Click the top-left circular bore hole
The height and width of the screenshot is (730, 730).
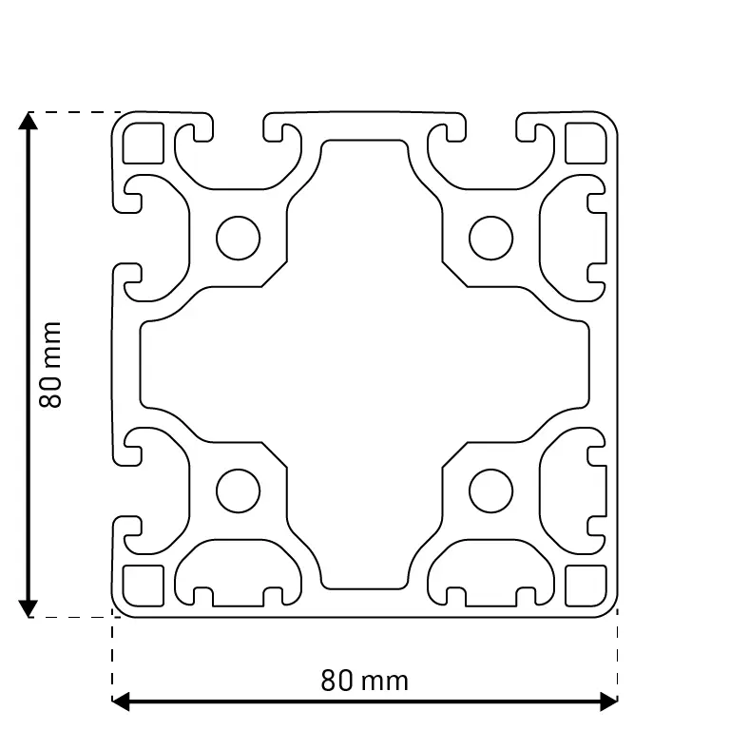click(238, 238)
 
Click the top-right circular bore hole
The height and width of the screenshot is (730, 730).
click(491, 238)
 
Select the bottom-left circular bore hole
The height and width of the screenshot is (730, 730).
click(238, 491)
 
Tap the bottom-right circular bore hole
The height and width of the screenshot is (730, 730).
click(491, 491)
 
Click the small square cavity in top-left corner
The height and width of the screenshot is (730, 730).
click(144, 143)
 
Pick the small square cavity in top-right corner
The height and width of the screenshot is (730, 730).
click(586, 143)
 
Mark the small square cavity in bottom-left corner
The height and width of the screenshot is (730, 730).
click(144, 586)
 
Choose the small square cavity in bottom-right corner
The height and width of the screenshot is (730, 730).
click(586, 586)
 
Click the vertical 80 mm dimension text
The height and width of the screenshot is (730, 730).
click(50, 365)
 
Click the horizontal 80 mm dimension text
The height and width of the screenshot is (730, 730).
click(365, 681)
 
